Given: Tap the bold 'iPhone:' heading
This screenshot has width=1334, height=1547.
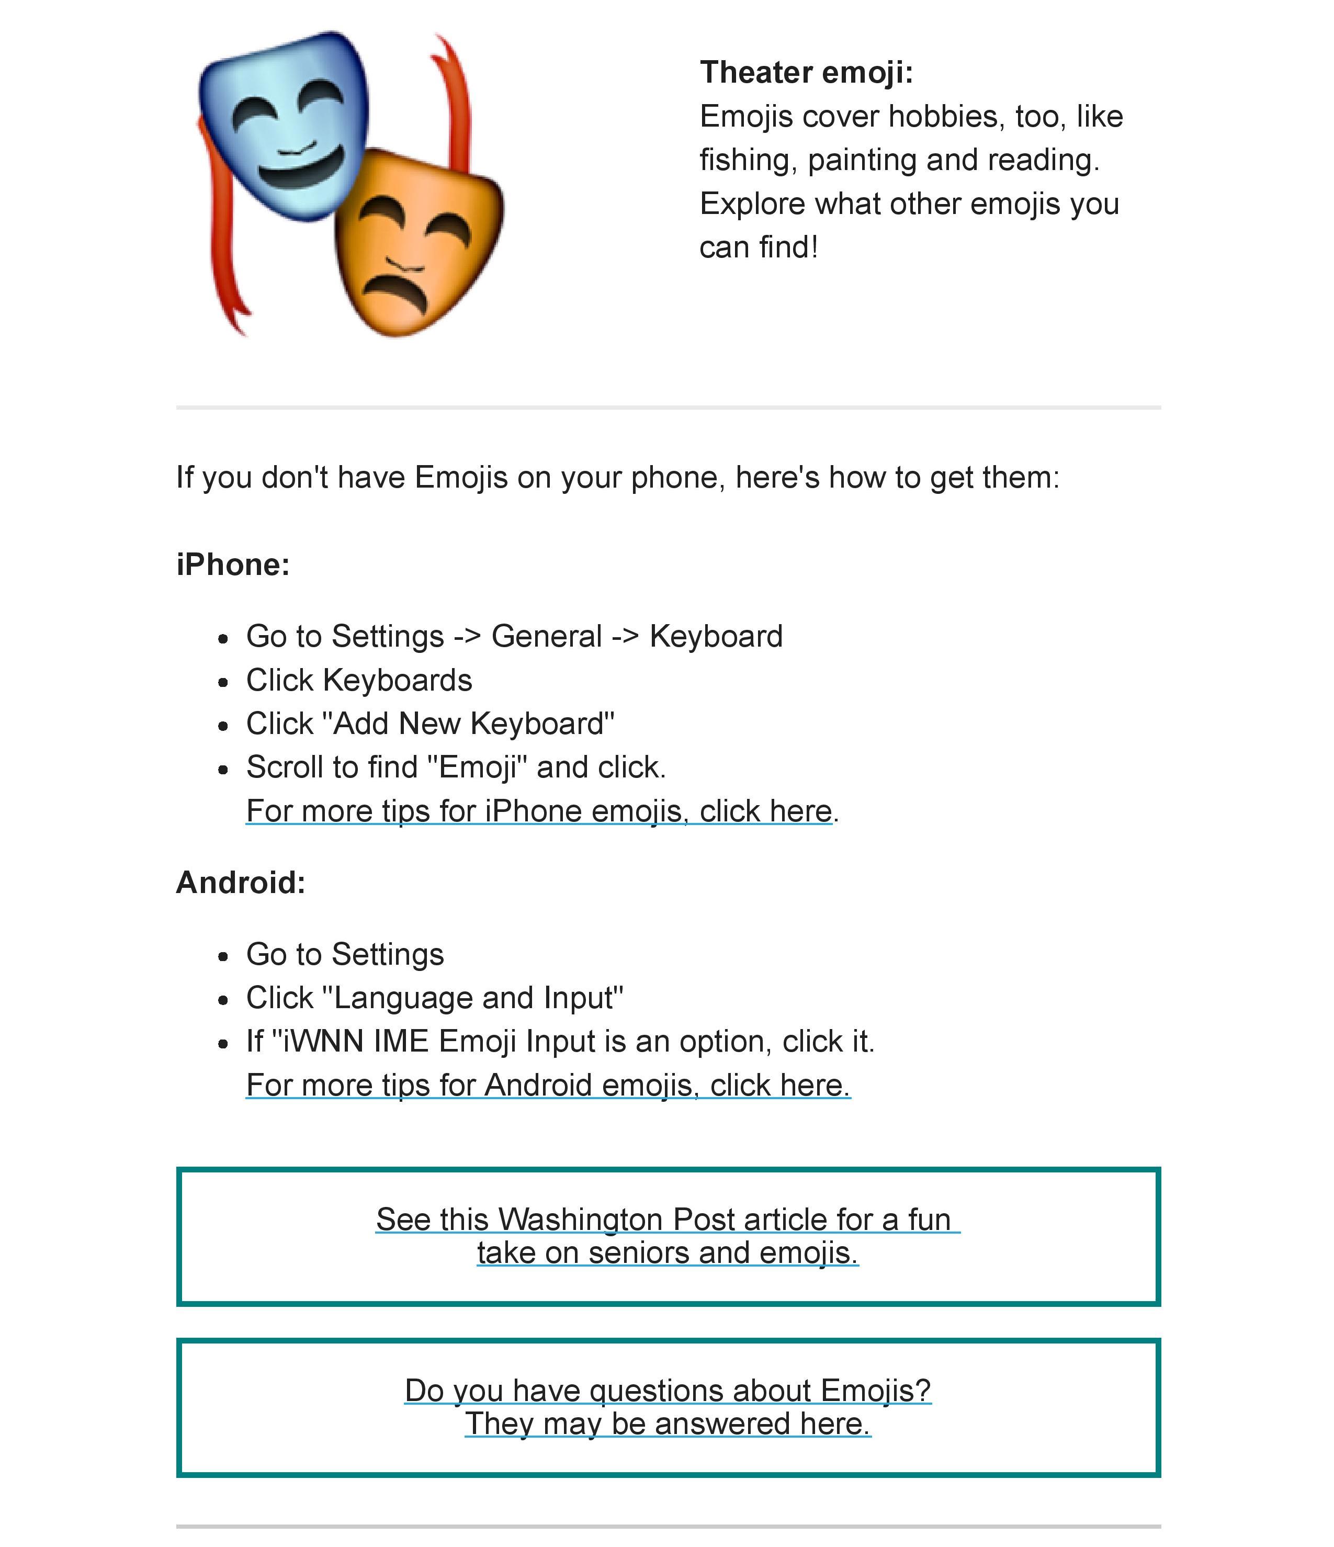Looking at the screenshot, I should click(x=233, y=564).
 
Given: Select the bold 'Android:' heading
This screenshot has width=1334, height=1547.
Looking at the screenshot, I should click(x=240, y=883).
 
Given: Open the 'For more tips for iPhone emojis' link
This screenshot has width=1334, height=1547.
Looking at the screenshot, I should click(x=539, y=811).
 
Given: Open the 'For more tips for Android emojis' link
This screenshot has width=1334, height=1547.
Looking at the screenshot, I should click(x=548, y=1085).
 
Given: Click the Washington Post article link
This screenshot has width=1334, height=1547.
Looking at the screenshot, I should click(x=668, y=1236).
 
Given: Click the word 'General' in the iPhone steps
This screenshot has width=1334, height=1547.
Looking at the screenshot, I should click(x=547, y=637).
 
